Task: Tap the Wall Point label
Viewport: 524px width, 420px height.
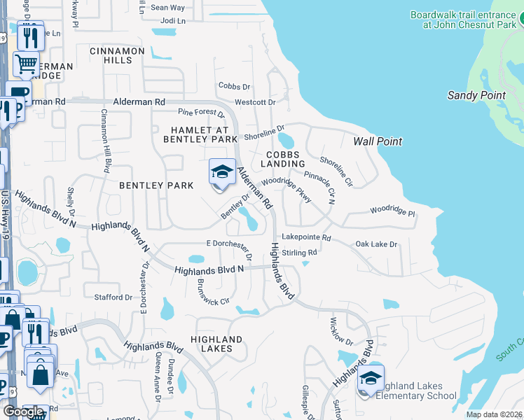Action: pyautogui.click(x=378, y=141)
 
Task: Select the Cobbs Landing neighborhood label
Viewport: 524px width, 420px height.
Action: pyautogui.click(x=283, y=159)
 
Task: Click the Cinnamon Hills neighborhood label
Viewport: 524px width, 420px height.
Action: pyautogui.click(x=117, y=56)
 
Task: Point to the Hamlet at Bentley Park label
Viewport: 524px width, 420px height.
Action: pyautogui.click(x=200, y=134)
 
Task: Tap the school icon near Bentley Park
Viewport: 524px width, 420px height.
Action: pyautogui.click(x=222, y=172)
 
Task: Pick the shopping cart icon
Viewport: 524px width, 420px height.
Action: pyautogui.click(x=26, y=64)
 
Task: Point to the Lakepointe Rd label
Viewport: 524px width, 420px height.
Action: pyautogui.click(x=305, y=238)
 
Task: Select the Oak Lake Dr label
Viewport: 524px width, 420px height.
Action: pyautogui.click(x=376, y=244)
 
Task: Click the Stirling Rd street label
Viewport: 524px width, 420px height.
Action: pyautogui.click(x=302, y=252)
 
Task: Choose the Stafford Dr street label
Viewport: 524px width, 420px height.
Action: pyautogui.click(x=113, y=297)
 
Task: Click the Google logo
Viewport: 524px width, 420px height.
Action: pyautogui.click(x=22, y=412)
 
